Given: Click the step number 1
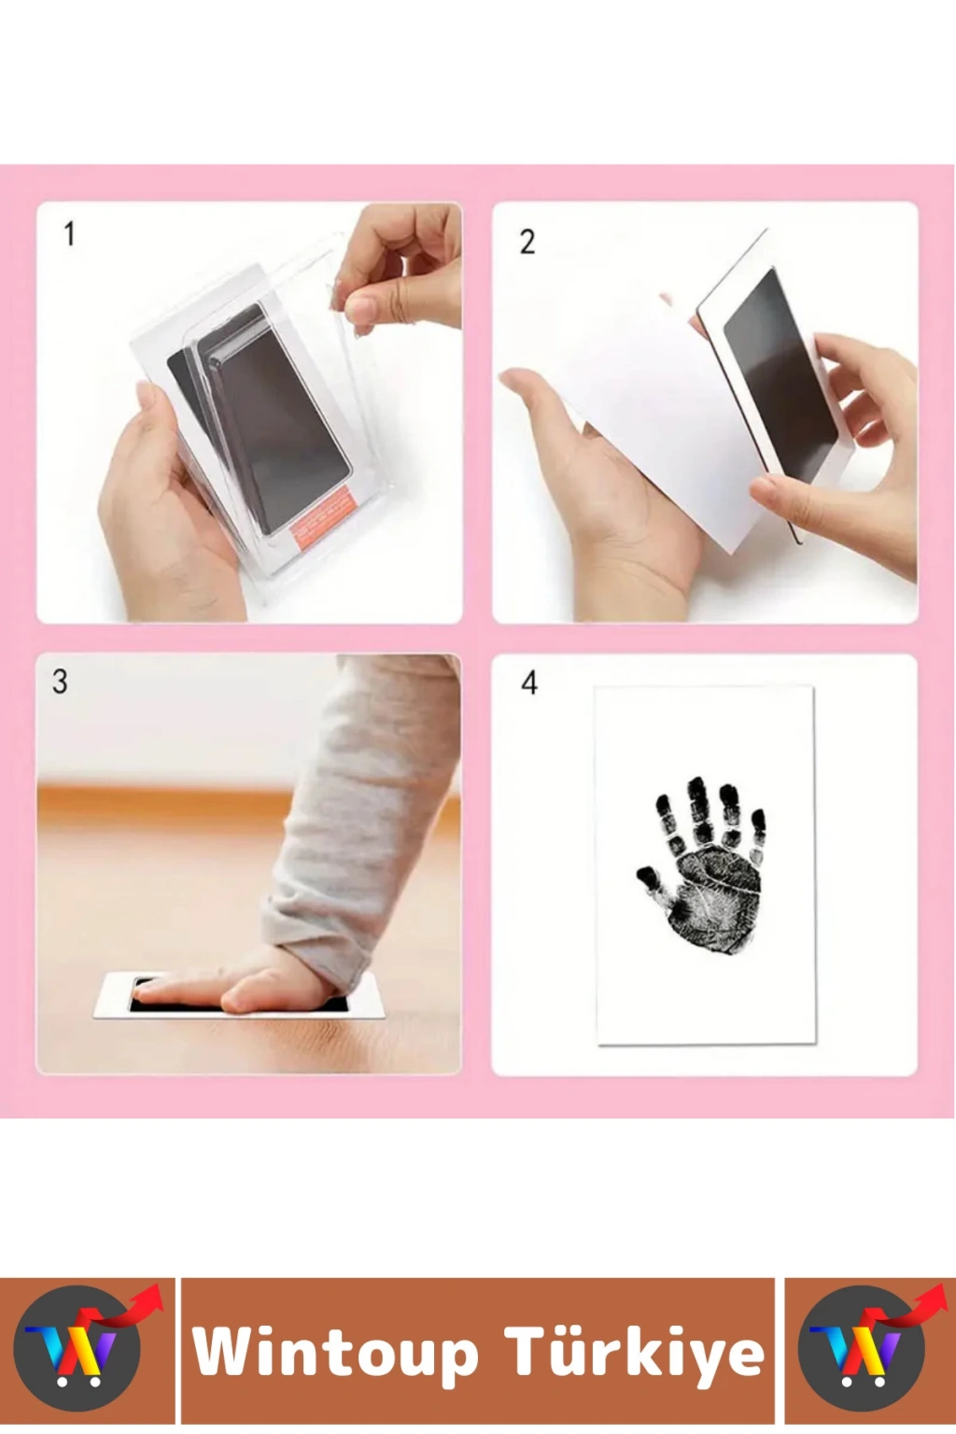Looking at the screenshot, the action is coord(70,233).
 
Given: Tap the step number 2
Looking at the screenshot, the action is coord(527,242).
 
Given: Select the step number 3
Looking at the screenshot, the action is coord(60,682).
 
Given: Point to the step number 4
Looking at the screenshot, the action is coord(529,683).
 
